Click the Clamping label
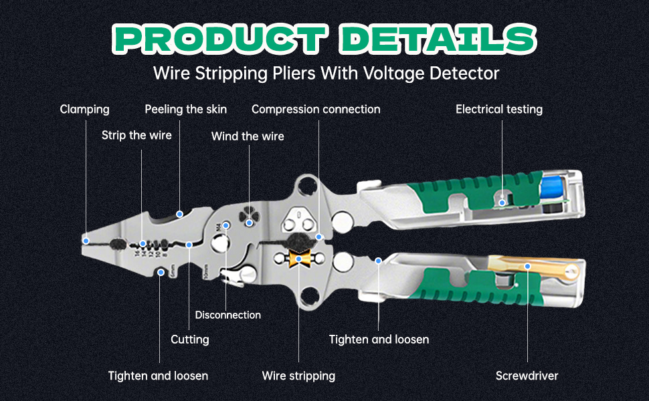coord(84,109)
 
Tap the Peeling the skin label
coord(186,109)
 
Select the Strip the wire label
coord(136,136)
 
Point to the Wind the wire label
coord(248,136)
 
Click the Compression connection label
coord(316,109)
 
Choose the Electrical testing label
coord(499,109)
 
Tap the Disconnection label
coord(228,315)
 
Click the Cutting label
coord(190,340)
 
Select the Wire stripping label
coord(298,376)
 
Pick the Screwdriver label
coord(527,376)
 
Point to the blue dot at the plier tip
coord(86,239)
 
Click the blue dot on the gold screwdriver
coord(527,266)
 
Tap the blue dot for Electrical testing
coord(502,201)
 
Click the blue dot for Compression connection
coord(319,237)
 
